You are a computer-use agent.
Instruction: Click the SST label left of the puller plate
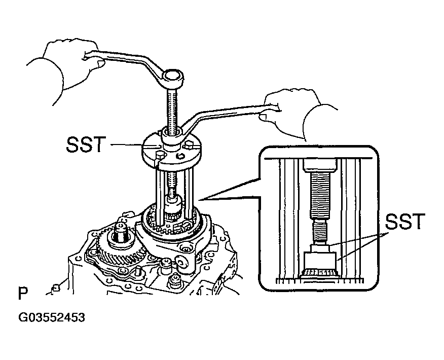tap(86, 145)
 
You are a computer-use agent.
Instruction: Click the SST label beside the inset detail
tap(405, 222)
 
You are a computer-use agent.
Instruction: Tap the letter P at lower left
tap(23, 294)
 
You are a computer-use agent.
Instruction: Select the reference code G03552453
tap(52, 317)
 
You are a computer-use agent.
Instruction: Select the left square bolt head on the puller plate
tap(160, 156)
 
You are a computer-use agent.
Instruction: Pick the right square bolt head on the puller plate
tap(188, 146)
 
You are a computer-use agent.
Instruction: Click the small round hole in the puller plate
tap(179, 156)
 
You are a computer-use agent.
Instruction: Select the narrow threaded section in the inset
tap(320, 231)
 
